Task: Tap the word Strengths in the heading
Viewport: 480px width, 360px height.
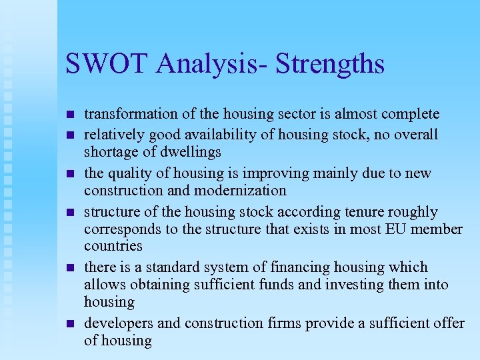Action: click(x=330, y=65)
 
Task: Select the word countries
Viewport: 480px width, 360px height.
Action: click(x=113, y=246)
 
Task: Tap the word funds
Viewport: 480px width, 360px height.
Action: click(x=281, y=285)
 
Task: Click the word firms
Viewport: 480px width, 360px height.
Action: click(x=284, y=323)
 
